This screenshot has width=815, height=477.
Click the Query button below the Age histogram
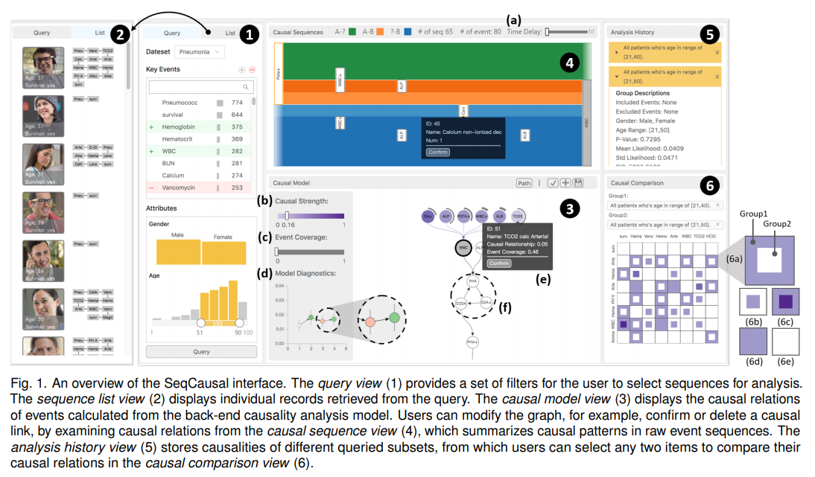201,351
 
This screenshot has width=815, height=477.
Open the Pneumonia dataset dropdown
199,52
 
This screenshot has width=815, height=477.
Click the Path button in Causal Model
525,182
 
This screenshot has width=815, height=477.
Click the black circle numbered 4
569,64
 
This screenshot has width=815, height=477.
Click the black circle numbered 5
709,33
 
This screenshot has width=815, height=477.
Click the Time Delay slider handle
548,32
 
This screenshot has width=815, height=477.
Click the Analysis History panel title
632,33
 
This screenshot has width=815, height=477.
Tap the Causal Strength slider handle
287,216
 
